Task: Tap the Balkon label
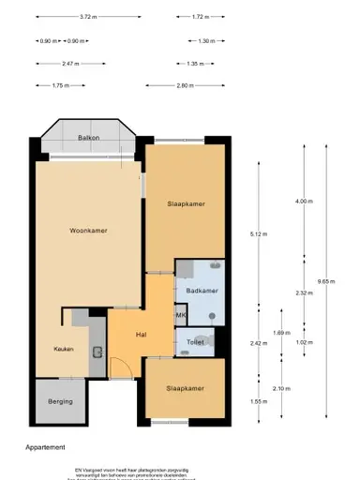pos(88,138)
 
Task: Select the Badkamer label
pos(202,291)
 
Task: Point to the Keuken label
pos(63,349)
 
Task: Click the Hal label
pos(142,334)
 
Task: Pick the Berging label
pos(59,402)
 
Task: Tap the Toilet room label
pos(196,342)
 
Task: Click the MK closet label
pos(181,316)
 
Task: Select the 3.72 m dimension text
pos(88,17)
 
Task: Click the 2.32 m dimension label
pos(301,292)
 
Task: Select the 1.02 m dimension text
pos(301,342)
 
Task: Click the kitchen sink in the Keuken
pos(97,352)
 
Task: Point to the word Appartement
pos(45,448)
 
